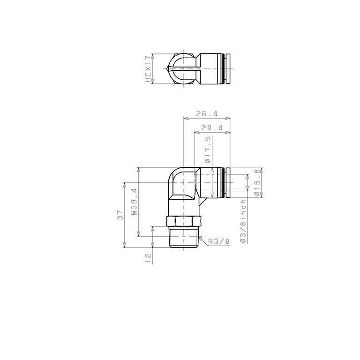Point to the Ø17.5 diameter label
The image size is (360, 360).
[x=208, y=150]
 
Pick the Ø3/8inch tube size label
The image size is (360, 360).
[x=243, y=220]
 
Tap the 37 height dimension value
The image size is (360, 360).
[x=120, y=215]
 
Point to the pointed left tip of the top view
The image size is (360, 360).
[x=168, y=69]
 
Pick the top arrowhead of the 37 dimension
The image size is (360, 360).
[x=124, y=184]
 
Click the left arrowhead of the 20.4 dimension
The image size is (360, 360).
[x=196, y=133]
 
